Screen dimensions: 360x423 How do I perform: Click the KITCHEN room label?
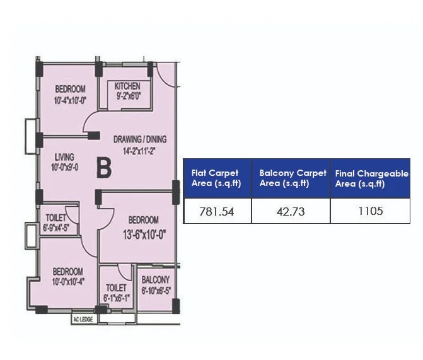pyautogui.click(x=128, y=86)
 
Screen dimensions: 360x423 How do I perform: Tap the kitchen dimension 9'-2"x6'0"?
pyautogui.click(x=128, y=96)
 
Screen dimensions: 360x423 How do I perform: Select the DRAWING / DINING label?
pyautogui.click(x=140, y=139)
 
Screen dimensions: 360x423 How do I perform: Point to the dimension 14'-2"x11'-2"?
pyautogui.click(x=139, y=151)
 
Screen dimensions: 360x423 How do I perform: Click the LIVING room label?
pyautogui.click(x=64, y=157)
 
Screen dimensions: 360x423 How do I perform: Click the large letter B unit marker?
pyautogui.click(x=103, y=168)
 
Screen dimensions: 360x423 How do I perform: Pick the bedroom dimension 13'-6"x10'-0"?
pyautogui.click(x=144, y=231)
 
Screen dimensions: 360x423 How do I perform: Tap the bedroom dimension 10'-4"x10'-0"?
pyautogui.click(x=70, y=100)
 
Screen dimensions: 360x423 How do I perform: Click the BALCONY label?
pyautogui.click(x=155, y=280)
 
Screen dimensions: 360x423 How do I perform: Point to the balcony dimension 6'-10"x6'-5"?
pyautogui.click(x=155, y=290)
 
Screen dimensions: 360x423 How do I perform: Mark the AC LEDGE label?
pyautogui.click(x=83, y=318)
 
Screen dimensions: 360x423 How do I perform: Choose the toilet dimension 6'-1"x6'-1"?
pyautogui.click(x=117, y=298)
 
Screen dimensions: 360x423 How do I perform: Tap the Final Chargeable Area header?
pyautogui.click(x=370, y=178)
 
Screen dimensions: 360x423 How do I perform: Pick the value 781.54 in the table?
pyautogui.click(x=216, y=211)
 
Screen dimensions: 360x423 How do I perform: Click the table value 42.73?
pyautogui.click(x=290, y=211)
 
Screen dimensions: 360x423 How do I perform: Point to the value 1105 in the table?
pyautogui.click(x=370, y=211)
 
